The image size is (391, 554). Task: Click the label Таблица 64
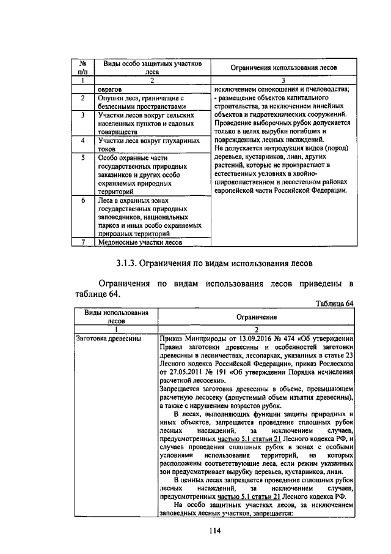pyautogui.click(x=334, y=303)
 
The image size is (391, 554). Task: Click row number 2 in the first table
pyautogui.click(x=82, y=97)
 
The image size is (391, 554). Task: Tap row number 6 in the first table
pyautogui.click(x=82, y=200)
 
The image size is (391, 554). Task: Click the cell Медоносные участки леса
pyautogui.click(x=140, y=242)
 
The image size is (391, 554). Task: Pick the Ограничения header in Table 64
pyautogui.click(x=257, y=316)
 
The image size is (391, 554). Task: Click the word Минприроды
pyautogui.click(x=207, y=338)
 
